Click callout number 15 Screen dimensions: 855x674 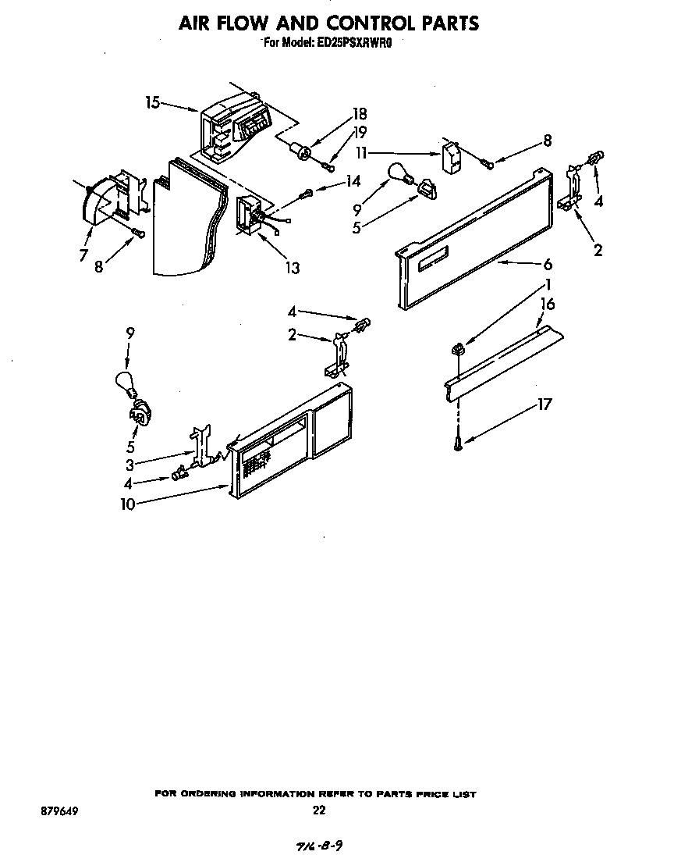pyautogui.click(x=152, y=102)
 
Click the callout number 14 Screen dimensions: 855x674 pyautogui.click(x=353, y=182)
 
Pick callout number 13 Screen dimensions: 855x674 pyautogui.click(x=292, y=268)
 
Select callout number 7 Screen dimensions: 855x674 pyautogui.click(x=83, y=255)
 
